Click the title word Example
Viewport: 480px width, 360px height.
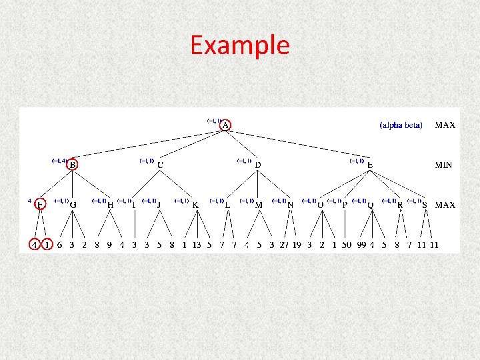pos(240,45)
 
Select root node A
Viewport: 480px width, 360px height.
pos(226,125)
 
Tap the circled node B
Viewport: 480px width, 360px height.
pos(73,165)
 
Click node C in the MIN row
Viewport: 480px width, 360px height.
pos(160,165)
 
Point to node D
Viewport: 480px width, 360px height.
pos(257,165)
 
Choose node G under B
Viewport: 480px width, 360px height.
pos(73,205)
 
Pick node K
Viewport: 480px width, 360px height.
pos(195,205)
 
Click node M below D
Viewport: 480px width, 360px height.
pos(259,205)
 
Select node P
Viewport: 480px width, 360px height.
pos(345,205)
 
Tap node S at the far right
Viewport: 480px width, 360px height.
pos(425,205)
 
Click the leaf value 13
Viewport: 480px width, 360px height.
pos(196,245)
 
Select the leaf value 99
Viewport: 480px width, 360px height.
pos(362,245)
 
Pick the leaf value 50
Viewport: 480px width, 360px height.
pos(347,245)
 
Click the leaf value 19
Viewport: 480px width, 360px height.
pos(297,245)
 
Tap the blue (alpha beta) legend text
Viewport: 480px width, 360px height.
pos(401,125)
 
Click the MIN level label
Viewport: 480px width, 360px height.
pos(445,165)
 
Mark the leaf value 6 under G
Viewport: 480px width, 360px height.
pos(60,245)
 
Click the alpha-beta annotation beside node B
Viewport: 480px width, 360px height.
pos(58,161)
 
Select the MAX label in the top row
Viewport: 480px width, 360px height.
pos(445,125)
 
